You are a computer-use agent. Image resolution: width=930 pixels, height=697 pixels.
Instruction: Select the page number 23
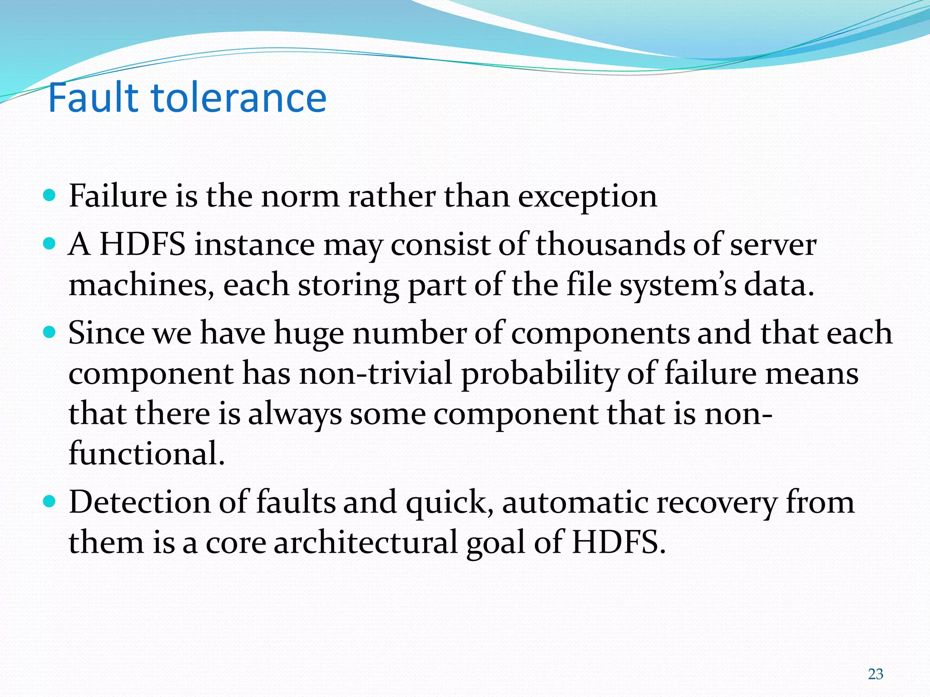click(x=876, y=674)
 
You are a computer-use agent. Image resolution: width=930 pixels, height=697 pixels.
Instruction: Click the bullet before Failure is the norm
click(x=50, y=196)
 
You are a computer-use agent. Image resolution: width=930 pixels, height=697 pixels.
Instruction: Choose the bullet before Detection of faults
click(x=50, y=502)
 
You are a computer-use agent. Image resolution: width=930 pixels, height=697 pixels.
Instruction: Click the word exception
click(x=588, y=197)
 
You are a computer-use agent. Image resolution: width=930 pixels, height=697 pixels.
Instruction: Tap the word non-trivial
click(x=375, y=373)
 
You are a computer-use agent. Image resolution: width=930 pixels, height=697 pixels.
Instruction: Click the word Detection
click(x=139, y=502)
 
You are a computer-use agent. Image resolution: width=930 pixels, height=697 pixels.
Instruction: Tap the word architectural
click(x=366, y=542)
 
